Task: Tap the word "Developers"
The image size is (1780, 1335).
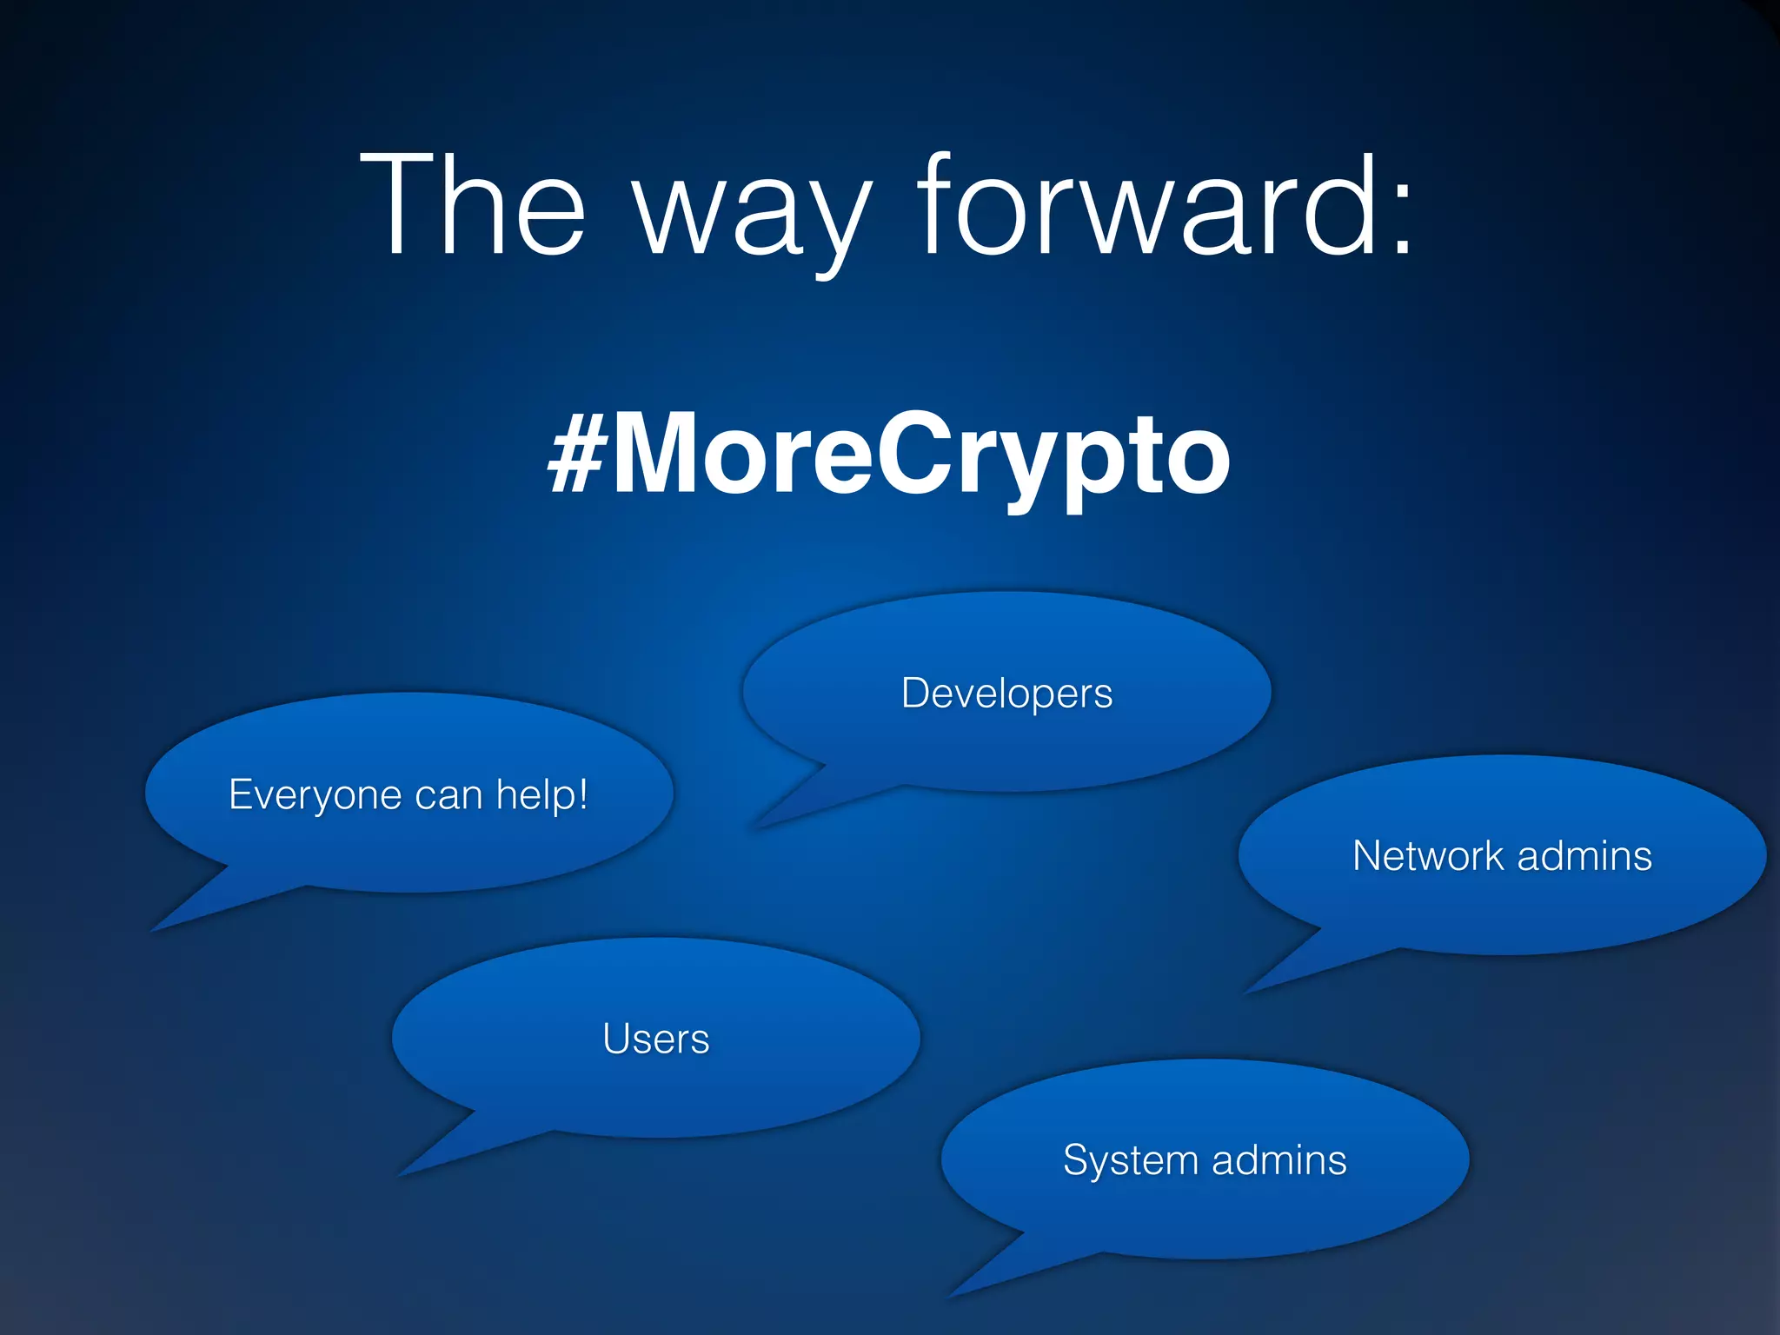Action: (1006, 694)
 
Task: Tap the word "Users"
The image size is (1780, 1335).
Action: (656, 1039)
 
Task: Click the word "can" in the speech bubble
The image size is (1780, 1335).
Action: (448, 795)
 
